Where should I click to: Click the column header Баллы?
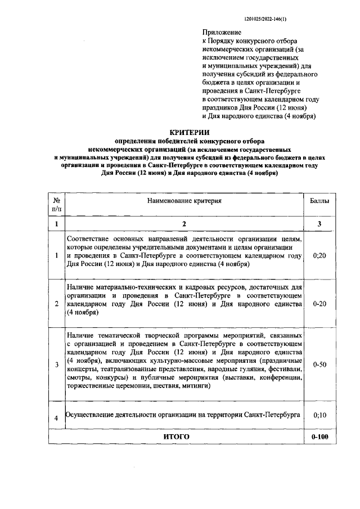(x=320, y=200)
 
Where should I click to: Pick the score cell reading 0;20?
(x=320, y=255)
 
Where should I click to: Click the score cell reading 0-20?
(x=320, y=304)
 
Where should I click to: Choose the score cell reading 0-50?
(x=320, y=364)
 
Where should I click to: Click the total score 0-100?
(x=320, y=436)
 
